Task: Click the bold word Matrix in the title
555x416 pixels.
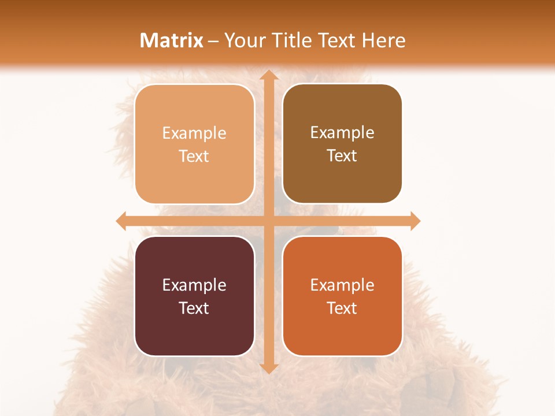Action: (x=172, y=40)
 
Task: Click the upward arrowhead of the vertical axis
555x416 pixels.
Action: (x=268, y=76)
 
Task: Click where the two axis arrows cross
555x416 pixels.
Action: (x=268, y=221)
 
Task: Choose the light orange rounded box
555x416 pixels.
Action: (x=194, y=173)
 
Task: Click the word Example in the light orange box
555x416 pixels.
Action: (x=194, y=133)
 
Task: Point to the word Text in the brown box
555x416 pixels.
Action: (x=342, y=156)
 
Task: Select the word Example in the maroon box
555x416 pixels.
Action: (x=194, y=285)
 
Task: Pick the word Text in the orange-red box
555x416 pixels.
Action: (x=342, y=308)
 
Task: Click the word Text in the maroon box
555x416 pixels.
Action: (x=194, y=308)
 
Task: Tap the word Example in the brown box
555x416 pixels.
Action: (x=342, y=133)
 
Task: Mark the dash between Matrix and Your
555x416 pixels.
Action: (x=213, y=42)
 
